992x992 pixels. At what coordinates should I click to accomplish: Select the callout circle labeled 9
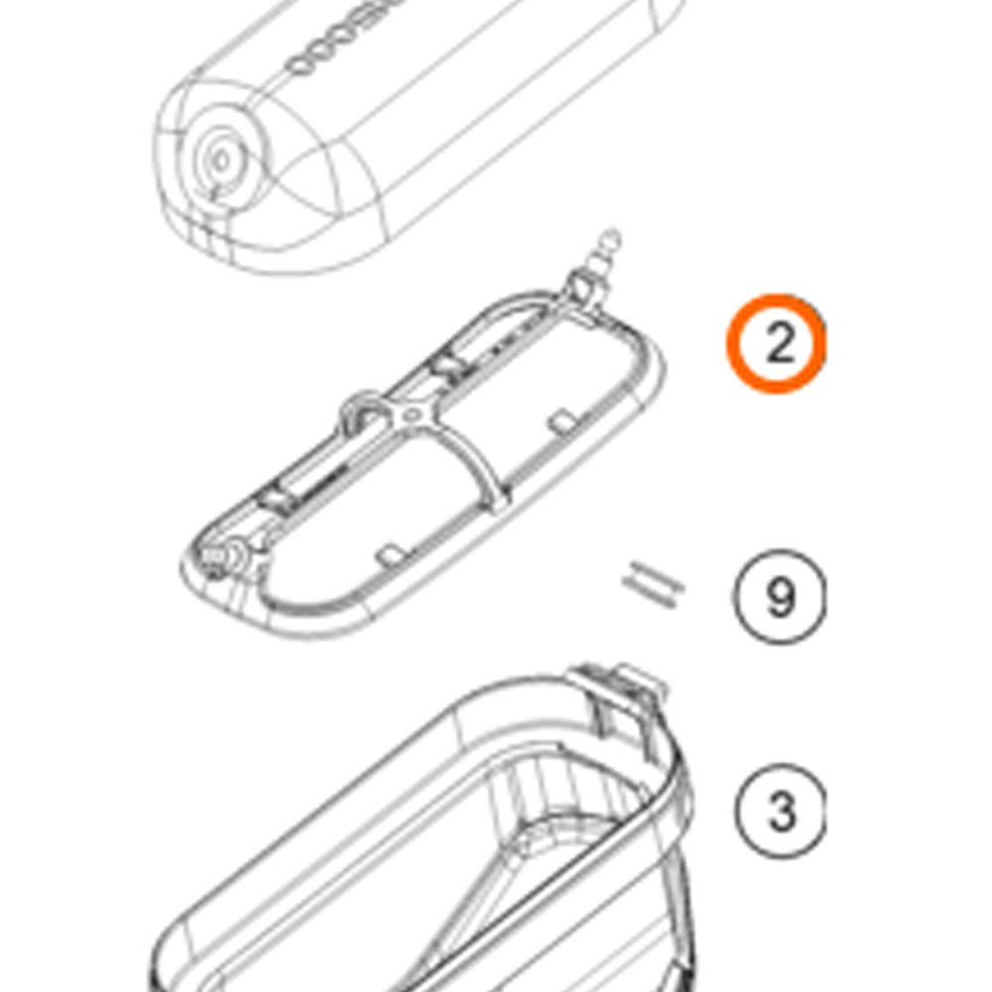coord(780,598)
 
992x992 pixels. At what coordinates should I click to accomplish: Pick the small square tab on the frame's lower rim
coord(391,551)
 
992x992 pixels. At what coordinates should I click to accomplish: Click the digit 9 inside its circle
coord(780,598)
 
